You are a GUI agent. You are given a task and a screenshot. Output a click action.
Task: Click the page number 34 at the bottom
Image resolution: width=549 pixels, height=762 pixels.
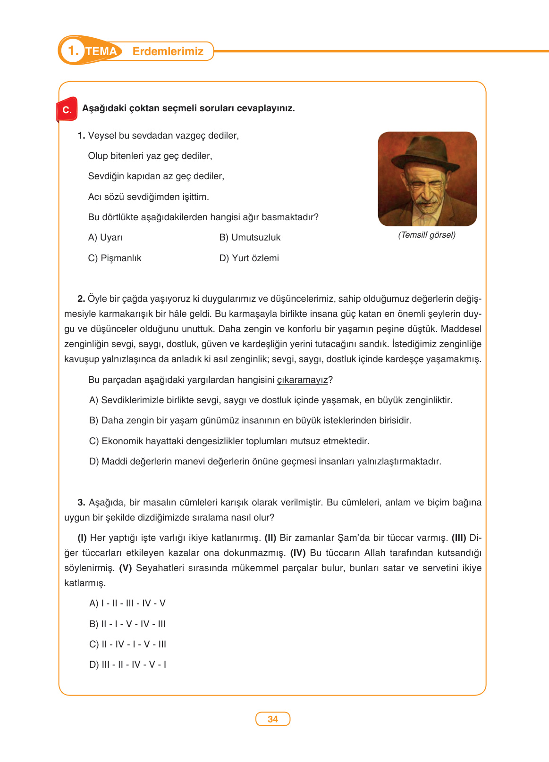(272, 719)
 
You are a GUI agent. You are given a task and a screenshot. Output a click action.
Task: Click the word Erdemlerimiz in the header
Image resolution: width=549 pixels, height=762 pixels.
(168, 51)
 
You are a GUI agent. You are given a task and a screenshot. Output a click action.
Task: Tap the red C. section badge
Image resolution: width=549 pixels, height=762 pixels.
(67, 110)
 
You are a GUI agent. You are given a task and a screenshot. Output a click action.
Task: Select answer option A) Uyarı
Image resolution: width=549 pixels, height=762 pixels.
(105, 238)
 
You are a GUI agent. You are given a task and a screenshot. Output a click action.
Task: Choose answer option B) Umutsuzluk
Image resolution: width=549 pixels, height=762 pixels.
(250, 238)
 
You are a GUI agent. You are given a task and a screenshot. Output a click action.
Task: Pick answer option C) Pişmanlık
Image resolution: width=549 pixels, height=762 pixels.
(115, 258)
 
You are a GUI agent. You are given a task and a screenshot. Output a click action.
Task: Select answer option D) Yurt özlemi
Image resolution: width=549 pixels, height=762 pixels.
(249, 258)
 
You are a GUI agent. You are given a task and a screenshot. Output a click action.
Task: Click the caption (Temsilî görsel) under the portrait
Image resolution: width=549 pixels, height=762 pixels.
(427, 235)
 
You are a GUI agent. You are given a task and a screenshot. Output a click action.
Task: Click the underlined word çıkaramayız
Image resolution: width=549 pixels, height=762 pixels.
(302, 380)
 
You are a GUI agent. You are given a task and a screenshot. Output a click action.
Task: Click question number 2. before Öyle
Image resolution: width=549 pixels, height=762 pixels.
(81, 299)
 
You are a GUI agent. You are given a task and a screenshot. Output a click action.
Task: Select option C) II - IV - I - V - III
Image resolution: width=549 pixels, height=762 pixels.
(127, 645)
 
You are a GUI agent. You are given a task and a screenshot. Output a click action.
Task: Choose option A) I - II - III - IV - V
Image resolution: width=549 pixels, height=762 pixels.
(127, 604)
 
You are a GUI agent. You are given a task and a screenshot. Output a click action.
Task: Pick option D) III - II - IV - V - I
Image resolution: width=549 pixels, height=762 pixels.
(127, 665)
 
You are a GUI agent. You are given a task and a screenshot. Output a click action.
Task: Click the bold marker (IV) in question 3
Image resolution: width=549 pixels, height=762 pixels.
(298, 553)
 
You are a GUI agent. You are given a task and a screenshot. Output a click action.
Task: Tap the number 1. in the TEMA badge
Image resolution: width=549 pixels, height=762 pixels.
(73, 51)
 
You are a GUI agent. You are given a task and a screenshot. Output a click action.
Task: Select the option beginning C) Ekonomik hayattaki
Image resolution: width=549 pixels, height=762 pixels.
(229, 441)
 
